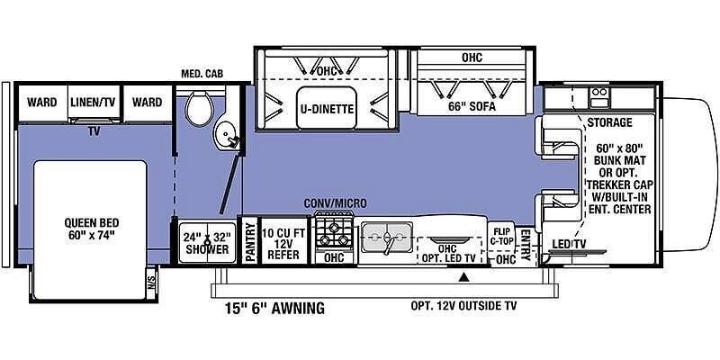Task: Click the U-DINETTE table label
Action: coord(327,109)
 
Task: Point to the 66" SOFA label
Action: coord(472,107)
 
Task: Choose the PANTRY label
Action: coord(250,242)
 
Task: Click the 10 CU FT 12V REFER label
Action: coord(283,244)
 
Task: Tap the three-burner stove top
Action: coord(333,232)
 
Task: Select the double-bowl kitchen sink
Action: coord(387,238)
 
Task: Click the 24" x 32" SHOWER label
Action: coord(207,243)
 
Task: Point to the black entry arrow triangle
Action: coord(464,277)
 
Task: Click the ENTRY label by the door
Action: coord(526,245)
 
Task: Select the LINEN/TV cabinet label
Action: coord(94,102)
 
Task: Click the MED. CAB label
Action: coord(202,74)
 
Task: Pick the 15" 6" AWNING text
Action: coord(274,308)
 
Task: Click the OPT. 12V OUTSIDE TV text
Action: coord(463,305)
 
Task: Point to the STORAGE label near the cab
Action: coord(610,122)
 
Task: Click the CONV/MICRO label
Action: coord(336,203)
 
